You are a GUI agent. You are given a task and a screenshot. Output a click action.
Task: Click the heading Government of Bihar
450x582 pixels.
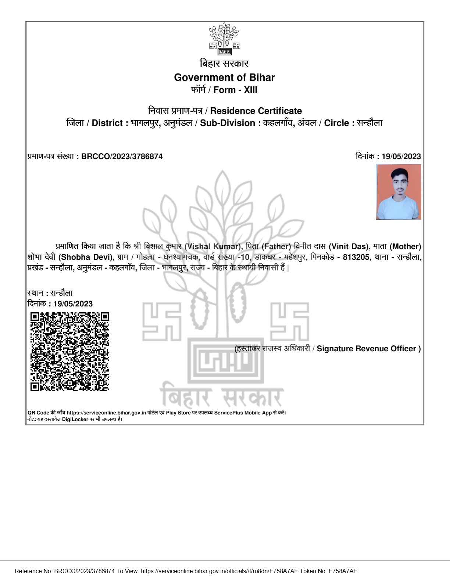tap(224, 78)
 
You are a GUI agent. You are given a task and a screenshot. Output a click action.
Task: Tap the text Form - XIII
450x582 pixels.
tap(235, 90)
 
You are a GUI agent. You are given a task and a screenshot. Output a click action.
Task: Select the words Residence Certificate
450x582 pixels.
tap(256, 111)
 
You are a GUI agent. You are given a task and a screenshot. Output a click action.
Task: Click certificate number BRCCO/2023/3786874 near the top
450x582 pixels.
tap(122, 157)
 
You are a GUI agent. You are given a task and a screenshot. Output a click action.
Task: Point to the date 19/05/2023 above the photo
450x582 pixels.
tap(401, 157)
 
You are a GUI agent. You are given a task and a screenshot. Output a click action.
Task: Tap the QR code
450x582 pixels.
tap(69, 351)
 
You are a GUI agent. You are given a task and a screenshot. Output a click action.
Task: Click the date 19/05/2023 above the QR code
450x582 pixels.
tap(73, 304)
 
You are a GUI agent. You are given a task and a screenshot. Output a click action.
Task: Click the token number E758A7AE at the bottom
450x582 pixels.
tap(343, 571)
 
